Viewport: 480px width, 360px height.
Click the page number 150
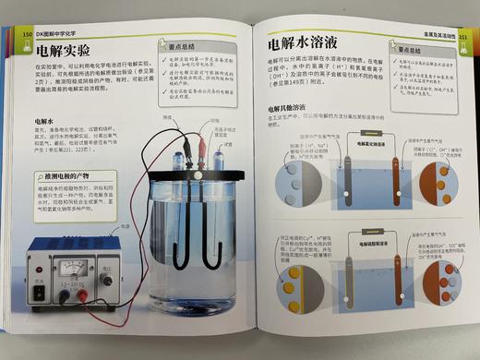(x=26, y=34)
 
